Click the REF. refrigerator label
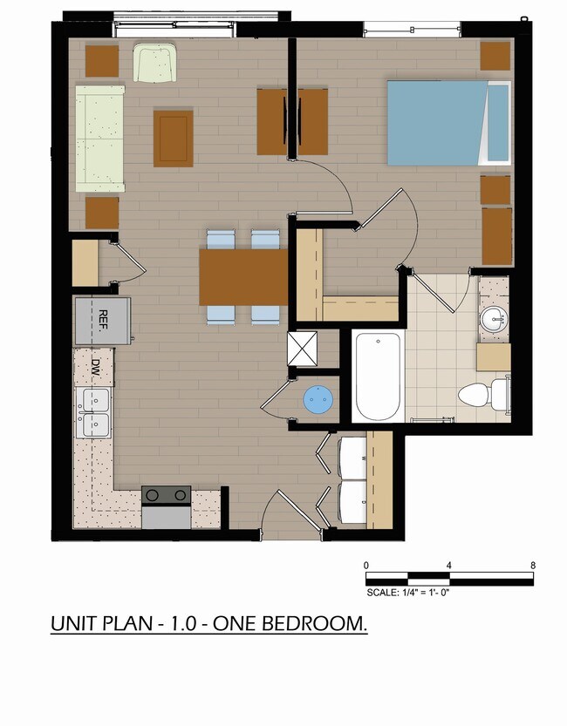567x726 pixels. pos(103,321)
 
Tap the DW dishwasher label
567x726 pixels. pos(96,367)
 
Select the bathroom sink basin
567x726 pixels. pos(494,319)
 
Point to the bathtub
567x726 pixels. pos(378,377)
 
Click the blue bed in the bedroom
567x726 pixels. pos(448,123)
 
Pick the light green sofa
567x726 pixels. pos(100,139)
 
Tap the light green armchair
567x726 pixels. pos(154,63)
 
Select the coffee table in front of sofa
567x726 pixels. pos(174,138)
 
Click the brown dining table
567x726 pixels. pos(243,277)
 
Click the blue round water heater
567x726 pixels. pos(318,398)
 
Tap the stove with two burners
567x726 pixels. pos(167,507)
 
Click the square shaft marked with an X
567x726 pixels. pos(303,349)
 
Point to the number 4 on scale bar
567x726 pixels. pos(449,566)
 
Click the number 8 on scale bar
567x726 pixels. pos(533,566)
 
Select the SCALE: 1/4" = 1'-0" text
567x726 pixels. pos(408,592)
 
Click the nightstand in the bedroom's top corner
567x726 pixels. pos(495,56)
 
